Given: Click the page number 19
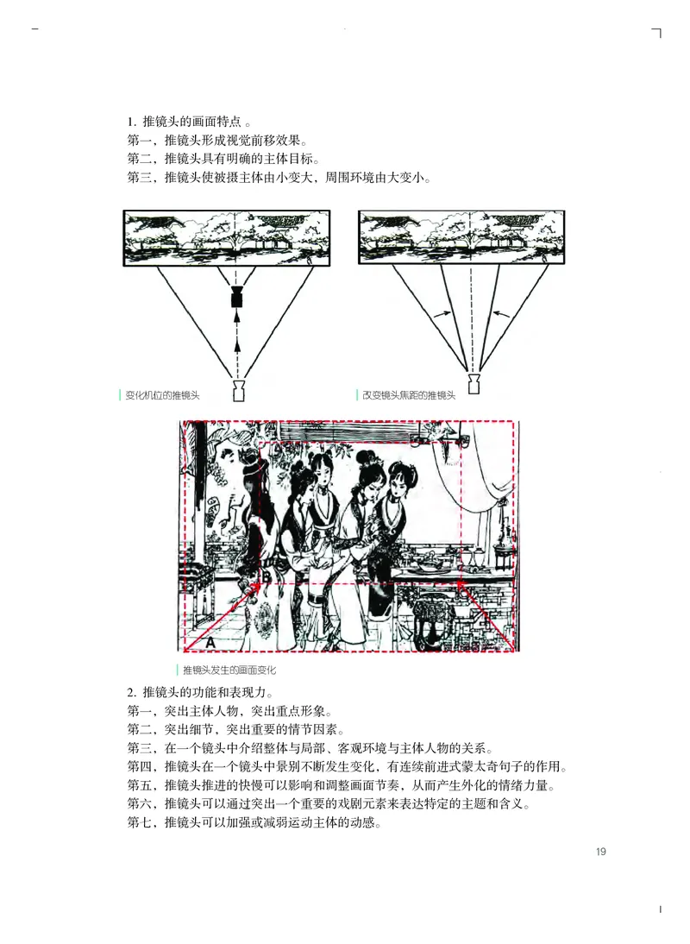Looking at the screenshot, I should (x=600, y=853).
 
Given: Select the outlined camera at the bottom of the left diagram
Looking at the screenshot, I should (x=239, y=391).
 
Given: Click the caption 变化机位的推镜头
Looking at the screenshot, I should (x=162, y=395).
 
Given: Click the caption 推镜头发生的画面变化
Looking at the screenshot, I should (x=229, y=670).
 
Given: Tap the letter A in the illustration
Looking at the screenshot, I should (x=210, y=641).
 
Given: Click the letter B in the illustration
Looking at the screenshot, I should (x=265, y=579).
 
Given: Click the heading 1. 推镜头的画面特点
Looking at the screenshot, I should (x=185, y=122).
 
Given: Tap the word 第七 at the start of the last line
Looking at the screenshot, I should (x=140, y=822).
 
